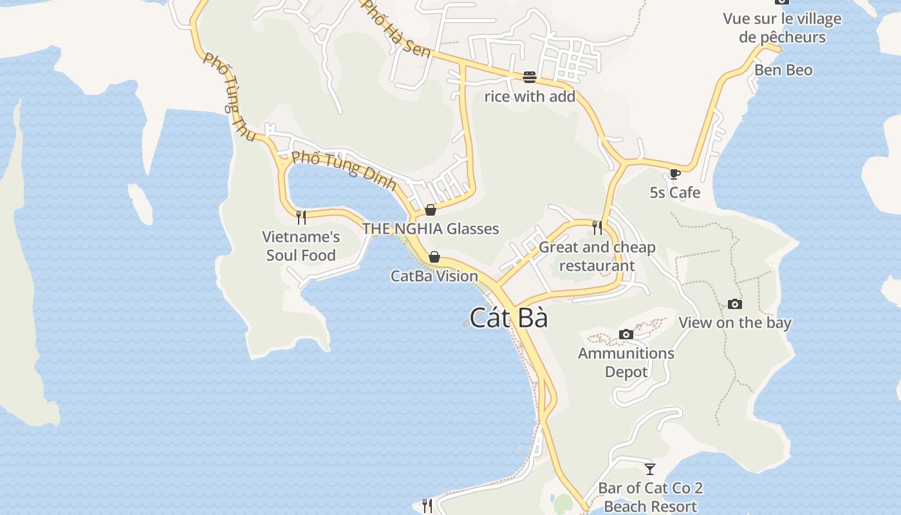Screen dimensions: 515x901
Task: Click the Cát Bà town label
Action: tap(508, 318)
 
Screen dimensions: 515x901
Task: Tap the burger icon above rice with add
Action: tap(530, 77)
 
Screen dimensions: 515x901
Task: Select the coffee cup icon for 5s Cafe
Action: tap(674, 174)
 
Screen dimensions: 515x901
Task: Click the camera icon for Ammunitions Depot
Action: tap(626, 334)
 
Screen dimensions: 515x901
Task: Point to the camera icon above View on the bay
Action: tap(734, 304)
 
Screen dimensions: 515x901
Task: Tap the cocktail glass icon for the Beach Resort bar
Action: tap(650, 469)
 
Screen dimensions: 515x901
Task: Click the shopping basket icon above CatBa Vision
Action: tap(434, 257)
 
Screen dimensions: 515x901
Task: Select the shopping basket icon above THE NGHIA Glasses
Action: tap(431, 210)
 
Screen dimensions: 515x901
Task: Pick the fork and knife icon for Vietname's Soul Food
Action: tap(301, 218)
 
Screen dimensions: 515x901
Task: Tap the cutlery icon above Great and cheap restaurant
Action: tap(597, 227)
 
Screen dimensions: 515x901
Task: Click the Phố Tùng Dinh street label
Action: tap(344, 171)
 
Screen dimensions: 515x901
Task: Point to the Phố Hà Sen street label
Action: tap(395, 29)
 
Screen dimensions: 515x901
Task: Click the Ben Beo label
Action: tap(783, 70)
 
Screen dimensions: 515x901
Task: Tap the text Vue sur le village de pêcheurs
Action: tap(782, 28)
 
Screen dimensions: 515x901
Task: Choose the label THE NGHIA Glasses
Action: tap(431, 229)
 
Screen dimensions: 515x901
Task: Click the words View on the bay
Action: tap(735, 323)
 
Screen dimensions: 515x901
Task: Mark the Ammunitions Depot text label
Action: tap(626, 362)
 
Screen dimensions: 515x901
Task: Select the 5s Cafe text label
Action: tap(674, 192)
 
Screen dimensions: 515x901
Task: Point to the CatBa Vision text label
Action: tap(434, 276)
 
